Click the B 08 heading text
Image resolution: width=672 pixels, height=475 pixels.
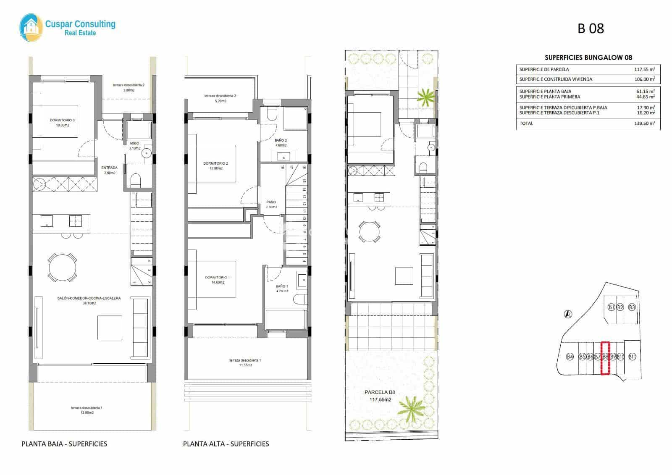point(591,28)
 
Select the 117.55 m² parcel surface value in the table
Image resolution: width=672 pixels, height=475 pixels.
point(644,69)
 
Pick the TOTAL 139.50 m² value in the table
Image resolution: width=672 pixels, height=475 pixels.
point(644,123)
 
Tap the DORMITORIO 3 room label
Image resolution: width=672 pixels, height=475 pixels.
point(62,123)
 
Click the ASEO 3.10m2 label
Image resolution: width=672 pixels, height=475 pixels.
point(134,146)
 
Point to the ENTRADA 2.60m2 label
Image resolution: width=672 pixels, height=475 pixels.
point(109,170)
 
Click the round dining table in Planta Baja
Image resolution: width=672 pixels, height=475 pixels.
point(63,268)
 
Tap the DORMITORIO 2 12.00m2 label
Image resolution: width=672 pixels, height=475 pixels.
point(215,166)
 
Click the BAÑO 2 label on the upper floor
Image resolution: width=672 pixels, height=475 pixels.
point(281,143)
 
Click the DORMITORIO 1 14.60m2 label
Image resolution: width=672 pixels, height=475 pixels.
point(217,280)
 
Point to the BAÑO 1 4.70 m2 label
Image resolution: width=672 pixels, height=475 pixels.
point(282,289)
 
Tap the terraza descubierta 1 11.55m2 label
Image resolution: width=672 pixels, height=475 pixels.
point(245,363)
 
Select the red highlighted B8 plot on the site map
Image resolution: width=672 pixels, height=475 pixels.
point(605,357)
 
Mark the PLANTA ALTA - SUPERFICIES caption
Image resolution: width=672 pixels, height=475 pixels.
point(226,444)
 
